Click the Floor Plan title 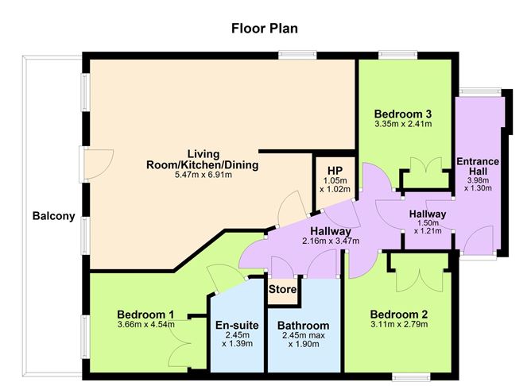click(x=265, y=29)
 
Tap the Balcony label click(x=53, y=215)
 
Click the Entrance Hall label click(x=478, y=168)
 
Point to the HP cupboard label click(x=333, y=168)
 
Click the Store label click(x=282, y=290)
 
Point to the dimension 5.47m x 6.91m click(x=203, y=175)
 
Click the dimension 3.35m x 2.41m click(x=403, y=125)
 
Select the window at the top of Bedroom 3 click(x=397, y=55)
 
